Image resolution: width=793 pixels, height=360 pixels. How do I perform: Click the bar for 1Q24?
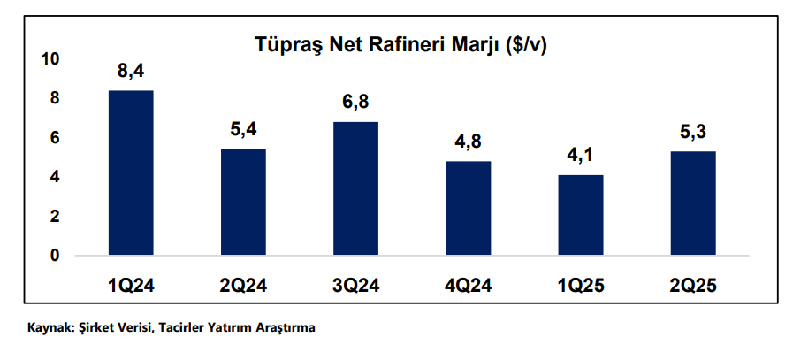pyautogui.click(x=131, y=172)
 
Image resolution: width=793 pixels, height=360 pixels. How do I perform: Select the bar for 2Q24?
pyautogui.click(x=243, y=202)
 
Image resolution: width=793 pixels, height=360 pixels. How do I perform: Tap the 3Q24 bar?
pyautogui.click(x=355, y=188)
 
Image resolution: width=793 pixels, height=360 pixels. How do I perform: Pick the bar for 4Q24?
pyautogui.click(x=468, y=208)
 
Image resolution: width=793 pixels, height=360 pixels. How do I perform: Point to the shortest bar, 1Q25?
pyautogui.click(x=580, y=215)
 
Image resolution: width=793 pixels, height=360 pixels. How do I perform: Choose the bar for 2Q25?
pyautogui.click(x=693, y=203)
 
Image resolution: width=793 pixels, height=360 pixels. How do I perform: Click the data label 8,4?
pyautogui.click(x=131, y=71)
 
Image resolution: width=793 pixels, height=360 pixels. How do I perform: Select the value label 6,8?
pyautogui.click(x=355, y=103)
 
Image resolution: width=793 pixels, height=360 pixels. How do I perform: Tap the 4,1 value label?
pyautogui.click(x=580, y=156)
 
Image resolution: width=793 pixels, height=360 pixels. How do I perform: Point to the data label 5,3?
pyautogui.click(x=693, y=133)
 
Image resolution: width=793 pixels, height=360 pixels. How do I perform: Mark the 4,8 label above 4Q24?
pyautogui.click(x=468, y=142)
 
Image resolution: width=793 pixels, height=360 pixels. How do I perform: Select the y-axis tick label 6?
pyautogui.click(x=54, y=138)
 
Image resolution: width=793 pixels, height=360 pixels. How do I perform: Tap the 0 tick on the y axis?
pyautogui.click(x=54, y=256)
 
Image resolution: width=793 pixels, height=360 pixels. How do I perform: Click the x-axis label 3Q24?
pyautogui.click(x=355, y=285)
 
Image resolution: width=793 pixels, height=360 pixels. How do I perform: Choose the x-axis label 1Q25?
pyautogui.click(x=580, y=285)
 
